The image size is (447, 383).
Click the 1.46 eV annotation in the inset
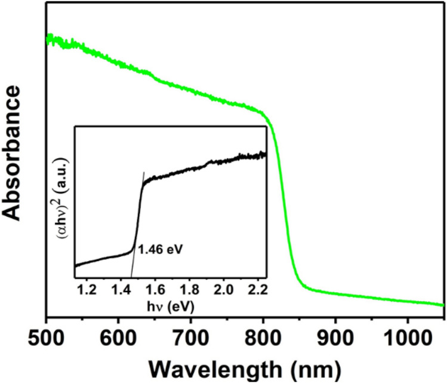point(159,246)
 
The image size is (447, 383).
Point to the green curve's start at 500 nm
point(48,38)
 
